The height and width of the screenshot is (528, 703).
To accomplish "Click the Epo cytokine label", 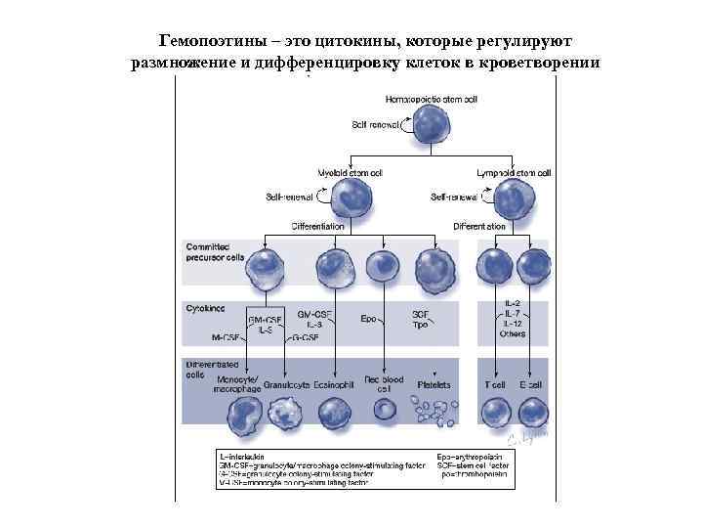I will pos(369,318).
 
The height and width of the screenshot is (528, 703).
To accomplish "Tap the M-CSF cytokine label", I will pos(227,336).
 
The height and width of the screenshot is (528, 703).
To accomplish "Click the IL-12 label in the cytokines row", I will pos(514,324).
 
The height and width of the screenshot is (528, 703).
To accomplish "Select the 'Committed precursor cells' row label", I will pos(210,251).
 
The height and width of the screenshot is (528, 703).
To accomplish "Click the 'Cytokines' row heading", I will pos(206,307).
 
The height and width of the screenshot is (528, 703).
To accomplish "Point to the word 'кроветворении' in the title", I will pos(540,64).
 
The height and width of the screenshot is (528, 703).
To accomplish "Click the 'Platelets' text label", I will pos(434,384).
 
